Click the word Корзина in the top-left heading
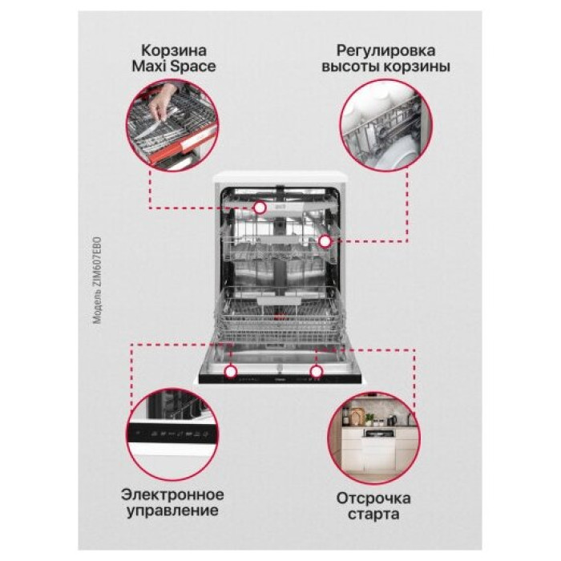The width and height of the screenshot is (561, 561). click(x=174, y=50)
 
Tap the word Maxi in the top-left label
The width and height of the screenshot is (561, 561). click(x=150, y=67)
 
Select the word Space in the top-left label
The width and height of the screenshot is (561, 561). click(x=193, y=67)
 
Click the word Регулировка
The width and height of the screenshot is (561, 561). click(x=385, y=51)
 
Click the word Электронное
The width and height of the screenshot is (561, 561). click(x=172, y=494)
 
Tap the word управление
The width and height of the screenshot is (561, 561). click(x=172, y=511)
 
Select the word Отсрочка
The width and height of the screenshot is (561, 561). click(x=373, y=498)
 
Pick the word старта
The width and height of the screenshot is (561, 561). click(x=373, y=515)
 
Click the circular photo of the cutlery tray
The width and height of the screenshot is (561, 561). click(x=172, y=126)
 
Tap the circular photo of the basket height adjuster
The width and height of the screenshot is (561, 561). click(x=386, y=126)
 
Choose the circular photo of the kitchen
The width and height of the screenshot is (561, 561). click(x=373, y=438)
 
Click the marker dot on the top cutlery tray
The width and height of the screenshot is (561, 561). click(x=260, y=208)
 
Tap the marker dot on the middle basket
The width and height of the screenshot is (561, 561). click(x=325, y=242)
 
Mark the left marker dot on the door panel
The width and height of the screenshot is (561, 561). click(x=231, y=371)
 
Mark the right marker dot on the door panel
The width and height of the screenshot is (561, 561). click(x=317, y=371)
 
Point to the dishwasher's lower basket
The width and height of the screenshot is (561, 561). click(x=279, y=315)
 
